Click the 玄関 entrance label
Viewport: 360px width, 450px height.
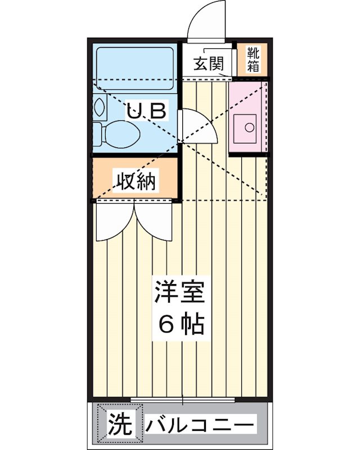208,64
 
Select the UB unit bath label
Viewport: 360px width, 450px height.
146,111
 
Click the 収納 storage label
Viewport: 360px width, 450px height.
136,181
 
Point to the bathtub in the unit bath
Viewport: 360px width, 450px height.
134,66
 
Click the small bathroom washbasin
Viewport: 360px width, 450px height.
101,106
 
